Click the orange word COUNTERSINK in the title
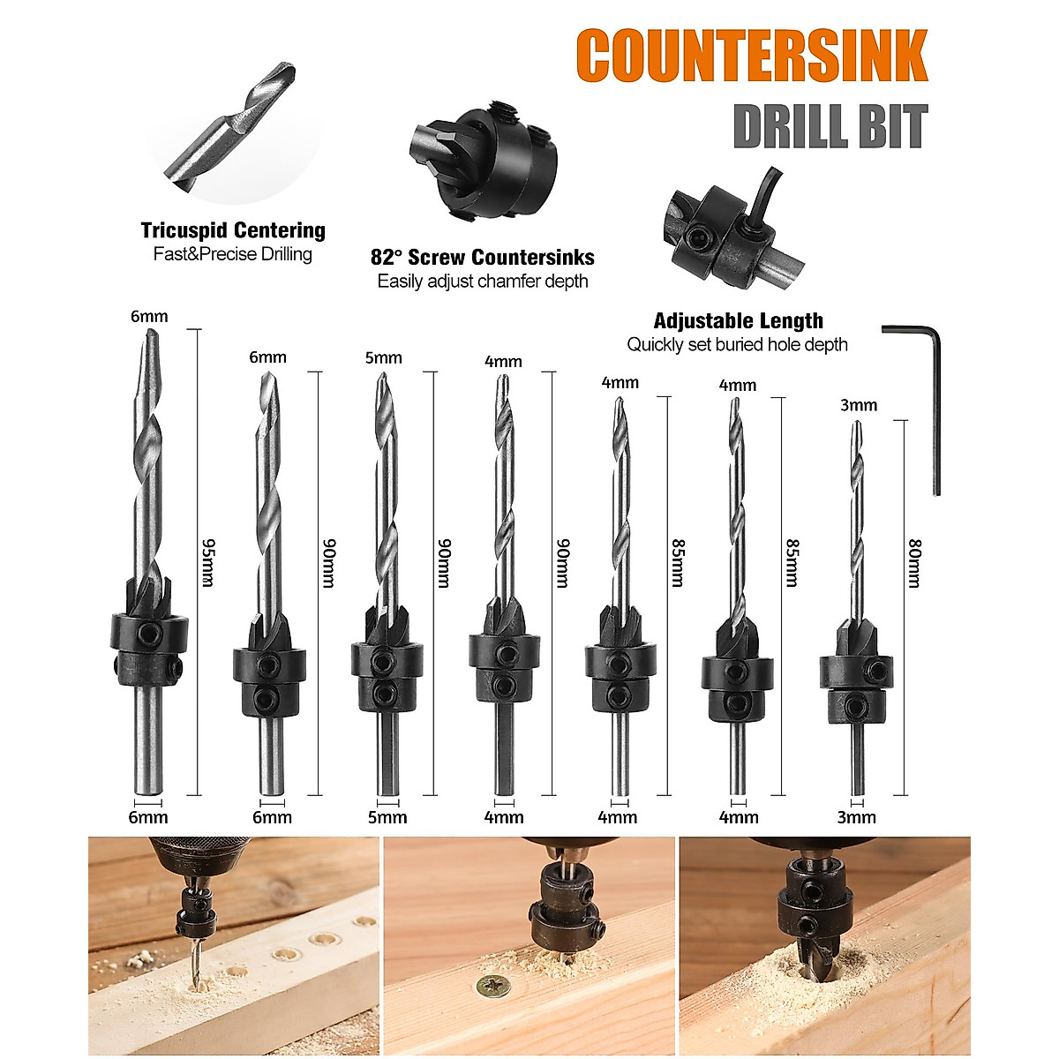751,56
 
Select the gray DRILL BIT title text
830,127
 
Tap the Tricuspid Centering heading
233,231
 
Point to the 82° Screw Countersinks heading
483,258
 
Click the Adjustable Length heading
738,321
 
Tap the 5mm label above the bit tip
383,357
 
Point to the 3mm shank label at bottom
857,817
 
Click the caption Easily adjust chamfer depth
483,282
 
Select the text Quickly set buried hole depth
738,345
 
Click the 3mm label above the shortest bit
859,405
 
